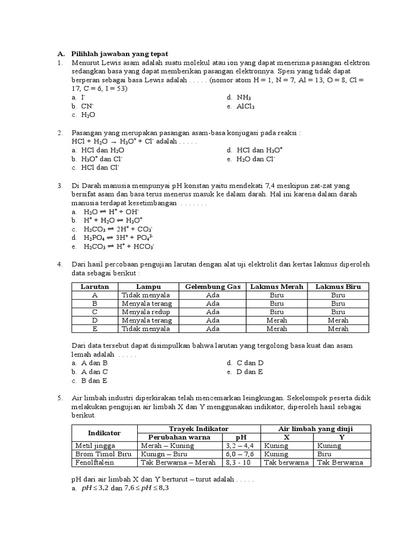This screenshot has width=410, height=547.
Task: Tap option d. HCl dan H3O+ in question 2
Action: click(x=255, y=150)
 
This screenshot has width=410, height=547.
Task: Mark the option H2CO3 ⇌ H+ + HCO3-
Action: click(x=113, y=246)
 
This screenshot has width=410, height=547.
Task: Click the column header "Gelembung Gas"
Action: click(x=213, y=287)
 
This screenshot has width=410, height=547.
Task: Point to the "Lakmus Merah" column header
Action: click(x=277, y=287)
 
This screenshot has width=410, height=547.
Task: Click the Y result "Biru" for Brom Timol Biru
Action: click(x=325, y=454)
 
